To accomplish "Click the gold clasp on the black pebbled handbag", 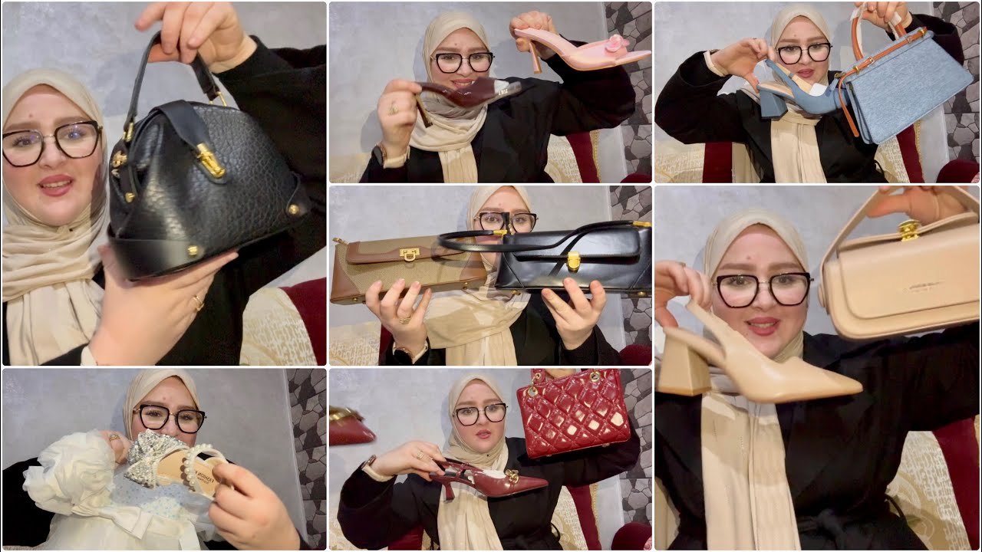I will pos(209,160).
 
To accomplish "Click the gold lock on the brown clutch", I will pos(409,255).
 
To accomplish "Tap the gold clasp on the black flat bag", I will pos(573,261).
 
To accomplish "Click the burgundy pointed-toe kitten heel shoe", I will pos(491,480).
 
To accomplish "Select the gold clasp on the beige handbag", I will pos(909,229).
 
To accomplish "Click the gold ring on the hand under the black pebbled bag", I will pos(199,302).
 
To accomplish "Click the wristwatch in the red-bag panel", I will pos(372,465).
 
